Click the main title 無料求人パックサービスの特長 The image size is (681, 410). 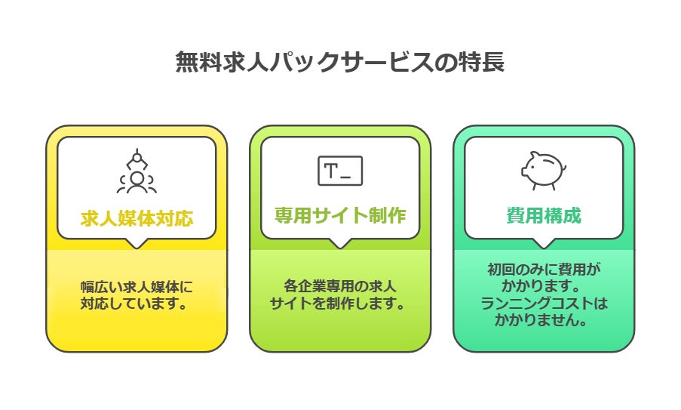pyautogui.click(x=340, y=63)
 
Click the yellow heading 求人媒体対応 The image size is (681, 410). pyautogui.click(x=137, y=218)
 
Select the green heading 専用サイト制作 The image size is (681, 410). pyautogui.click(x=340, y=215)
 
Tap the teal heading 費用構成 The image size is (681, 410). pyautogui.click(x=543, y=215)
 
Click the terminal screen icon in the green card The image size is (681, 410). pyautogui.click(x=340, y=171)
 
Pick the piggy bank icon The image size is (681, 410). pyautogui.click(x=542, y=171)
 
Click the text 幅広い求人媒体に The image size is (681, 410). pyautogui.click(x=137, y=288)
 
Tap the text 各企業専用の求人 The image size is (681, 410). pyautogui.click(x=340, y=288)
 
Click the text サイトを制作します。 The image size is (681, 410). pyautogui.click(x=340, y=304)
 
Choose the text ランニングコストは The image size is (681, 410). pyautogui.click(x=543, y=304)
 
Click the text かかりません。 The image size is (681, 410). pyautogui.click(x=543, y=320)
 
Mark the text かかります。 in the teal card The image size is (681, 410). pyautogui.click(x=543, y=288)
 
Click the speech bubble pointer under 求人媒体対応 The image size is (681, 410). pyautogui.click(x=137, y=243)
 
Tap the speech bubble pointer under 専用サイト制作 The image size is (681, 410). pyautogui.click(x=340, y=243)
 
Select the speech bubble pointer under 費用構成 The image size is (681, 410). pyautogui.click(x=543, y=243)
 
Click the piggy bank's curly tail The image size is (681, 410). pyautogui.click(x=564, y=167)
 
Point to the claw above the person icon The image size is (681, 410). pyautogui.click(x=137, y=159)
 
